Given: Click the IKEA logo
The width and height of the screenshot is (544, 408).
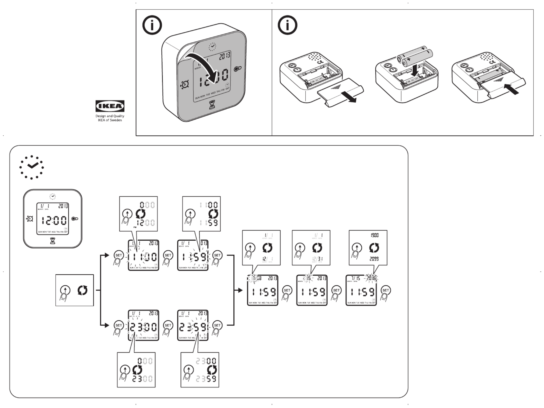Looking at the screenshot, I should click(110, 106).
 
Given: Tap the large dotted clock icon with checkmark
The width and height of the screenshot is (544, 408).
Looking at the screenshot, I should click(32, 167).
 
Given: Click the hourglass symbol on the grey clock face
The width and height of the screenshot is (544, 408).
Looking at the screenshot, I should click(212, 104).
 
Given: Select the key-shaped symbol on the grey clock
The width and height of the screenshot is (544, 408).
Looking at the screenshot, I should click(237, 69).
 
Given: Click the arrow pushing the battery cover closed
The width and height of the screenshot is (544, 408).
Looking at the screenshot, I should click(511, 89).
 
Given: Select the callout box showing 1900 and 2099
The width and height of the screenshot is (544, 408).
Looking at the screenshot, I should click(368, 248).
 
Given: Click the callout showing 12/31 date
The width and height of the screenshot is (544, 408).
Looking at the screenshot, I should click(311, 248).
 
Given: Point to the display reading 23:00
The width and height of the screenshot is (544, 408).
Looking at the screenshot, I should click(143, 325).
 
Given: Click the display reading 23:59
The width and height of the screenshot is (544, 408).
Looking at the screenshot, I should click(193, 325).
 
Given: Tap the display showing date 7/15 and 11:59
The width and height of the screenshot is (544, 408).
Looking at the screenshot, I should click(361, 290).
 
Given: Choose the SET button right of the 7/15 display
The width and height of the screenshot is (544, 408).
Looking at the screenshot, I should click(385, 290).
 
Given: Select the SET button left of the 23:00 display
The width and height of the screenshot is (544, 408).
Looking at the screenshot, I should click(118, 325).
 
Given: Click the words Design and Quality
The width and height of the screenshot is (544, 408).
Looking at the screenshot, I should click(110, 116).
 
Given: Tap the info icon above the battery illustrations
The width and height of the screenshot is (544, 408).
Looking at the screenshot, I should click(287, 25).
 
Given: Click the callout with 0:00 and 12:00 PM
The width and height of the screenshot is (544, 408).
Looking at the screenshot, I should click(138, 214).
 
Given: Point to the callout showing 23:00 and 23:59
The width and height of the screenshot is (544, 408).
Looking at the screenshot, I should click(200, 370).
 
